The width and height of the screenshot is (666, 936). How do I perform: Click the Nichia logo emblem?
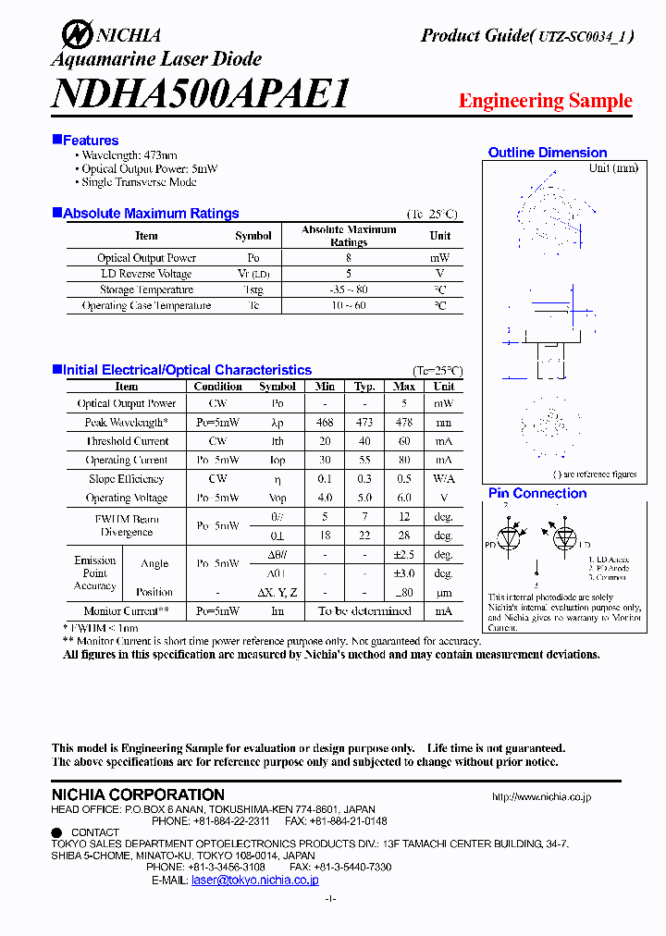click(77, 35)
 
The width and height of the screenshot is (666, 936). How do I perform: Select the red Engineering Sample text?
click(545, 101)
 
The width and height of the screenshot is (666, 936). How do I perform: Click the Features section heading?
click(90, 141)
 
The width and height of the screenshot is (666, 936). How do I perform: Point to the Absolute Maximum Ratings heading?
click(151, 214)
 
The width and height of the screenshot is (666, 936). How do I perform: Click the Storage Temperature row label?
click(147, 289)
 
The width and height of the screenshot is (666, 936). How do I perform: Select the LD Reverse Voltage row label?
click(146, 274)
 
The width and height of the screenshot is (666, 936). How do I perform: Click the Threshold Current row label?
click(128, 441)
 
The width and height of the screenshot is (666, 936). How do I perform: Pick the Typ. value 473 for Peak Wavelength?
click(364, 423)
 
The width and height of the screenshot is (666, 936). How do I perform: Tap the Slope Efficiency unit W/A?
click(444, 479)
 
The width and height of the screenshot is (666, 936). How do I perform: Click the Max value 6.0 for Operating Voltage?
click(404, 498)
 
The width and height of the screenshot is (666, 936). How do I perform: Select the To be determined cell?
click(364, 611)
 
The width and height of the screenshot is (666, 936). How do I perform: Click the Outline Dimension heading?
click(548, 153)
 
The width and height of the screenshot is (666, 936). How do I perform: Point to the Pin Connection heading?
click(537, 494)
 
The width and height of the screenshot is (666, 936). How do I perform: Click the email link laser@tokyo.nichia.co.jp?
click(254, 881)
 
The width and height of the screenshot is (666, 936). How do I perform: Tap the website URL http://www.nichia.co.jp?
click(541, 796)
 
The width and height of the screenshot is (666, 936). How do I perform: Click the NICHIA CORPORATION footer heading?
click(138, 794)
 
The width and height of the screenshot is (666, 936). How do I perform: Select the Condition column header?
click(218, 387)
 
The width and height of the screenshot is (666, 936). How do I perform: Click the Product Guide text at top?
click(474, 36)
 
